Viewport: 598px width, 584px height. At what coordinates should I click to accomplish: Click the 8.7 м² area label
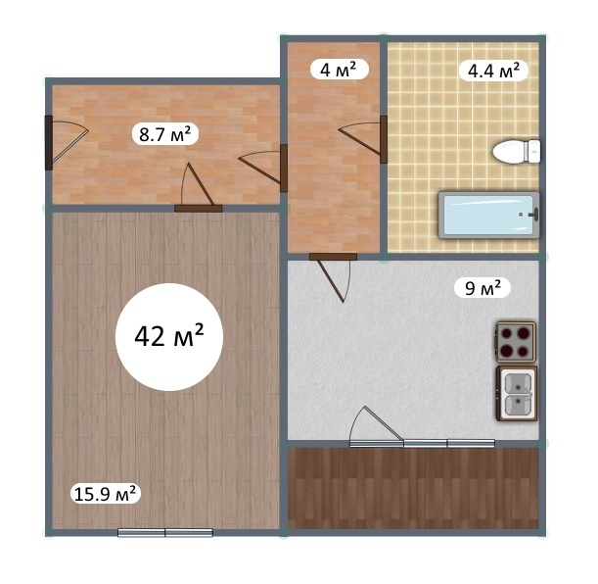click(164, 134)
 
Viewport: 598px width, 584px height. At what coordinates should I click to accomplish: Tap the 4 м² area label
click(339, 70)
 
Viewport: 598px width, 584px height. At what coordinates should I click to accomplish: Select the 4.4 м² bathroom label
click(493, 71)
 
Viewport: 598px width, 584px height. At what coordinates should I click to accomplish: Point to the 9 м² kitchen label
click(483, 288)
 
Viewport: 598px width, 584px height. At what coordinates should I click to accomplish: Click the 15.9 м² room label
click(106, 494)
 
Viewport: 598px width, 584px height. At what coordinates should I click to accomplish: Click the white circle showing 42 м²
click(169, 337)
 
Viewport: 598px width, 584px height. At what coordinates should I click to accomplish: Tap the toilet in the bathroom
click(517, 152)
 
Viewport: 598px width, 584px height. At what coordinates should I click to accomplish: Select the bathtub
click(489, 215)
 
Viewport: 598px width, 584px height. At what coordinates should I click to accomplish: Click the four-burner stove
click(516, 342)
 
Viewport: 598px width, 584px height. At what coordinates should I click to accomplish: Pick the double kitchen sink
click(517, 394)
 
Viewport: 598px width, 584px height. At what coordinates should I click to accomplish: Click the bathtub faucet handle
click(534, 215)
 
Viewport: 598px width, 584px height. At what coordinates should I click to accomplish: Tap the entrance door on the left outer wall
click(66, 142)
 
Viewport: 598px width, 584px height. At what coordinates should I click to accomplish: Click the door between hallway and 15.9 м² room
click(198, 188)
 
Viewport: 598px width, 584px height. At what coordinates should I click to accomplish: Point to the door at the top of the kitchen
click(333, 277)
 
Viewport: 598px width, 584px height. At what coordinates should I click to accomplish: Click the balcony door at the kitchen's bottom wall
click(377, 426)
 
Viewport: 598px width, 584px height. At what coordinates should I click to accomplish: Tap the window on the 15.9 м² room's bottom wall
click(165, 532)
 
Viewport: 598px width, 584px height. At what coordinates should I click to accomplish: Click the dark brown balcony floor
click(413, 488)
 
